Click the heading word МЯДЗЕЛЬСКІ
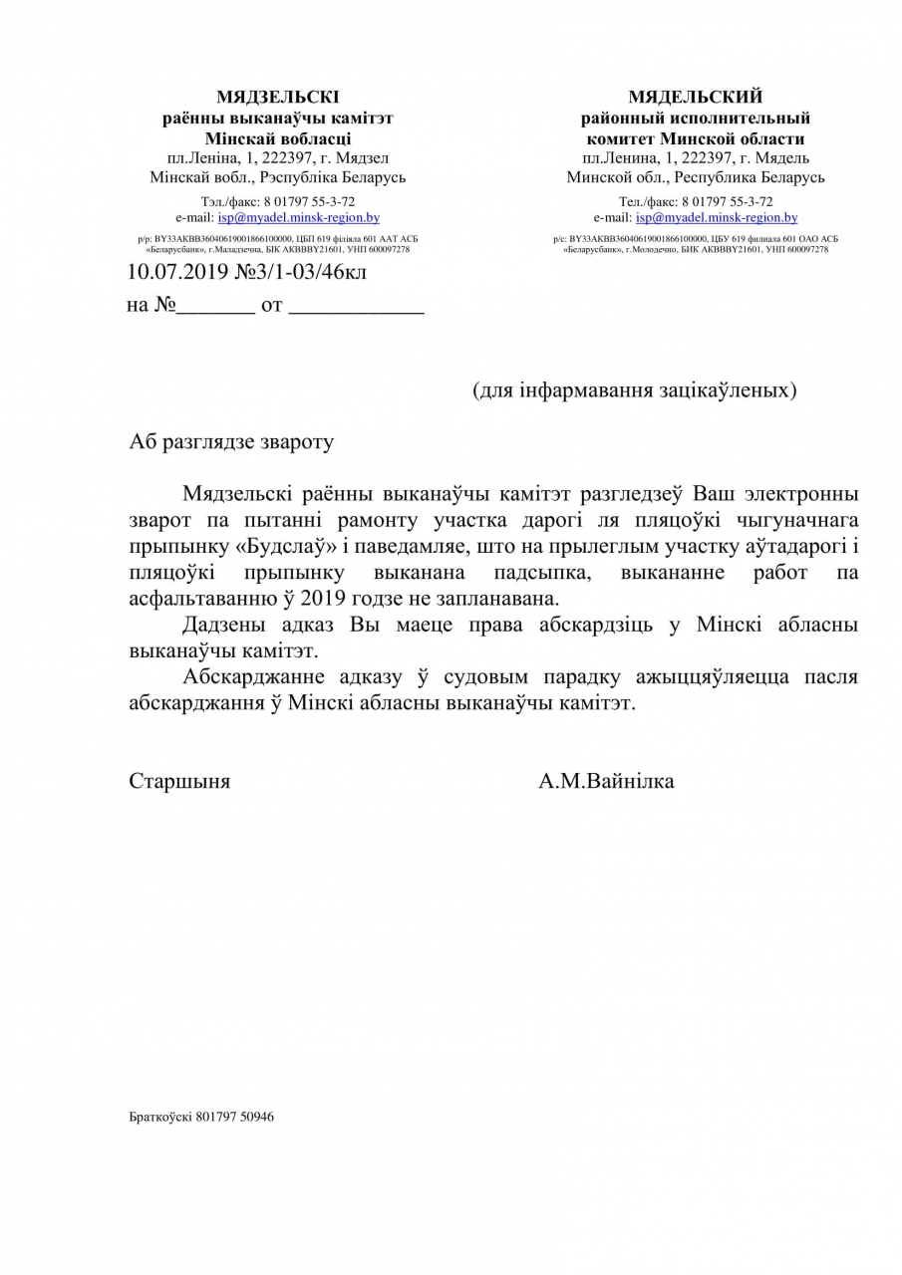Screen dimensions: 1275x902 point(277,97)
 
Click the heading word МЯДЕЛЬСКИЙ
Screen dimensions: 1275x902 point(695,97)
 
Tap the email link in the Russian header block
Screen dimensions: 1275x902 point(717,217)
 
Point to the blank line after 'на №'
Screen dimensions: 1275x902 point(215,308)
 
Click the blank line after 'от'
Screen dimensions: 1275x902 point(356,308)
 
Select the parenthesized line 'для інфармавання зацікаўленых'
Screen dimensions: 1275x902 point(634,389)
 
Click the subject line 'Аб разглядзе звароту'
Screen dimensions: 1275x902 point(231,442)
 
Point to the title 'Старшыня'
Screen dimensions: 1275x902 point(179,781)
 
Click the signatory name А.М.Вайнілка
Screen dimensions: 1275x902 point(606,781)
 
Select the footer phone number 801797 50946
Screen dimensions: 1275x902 point(236,1117)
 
